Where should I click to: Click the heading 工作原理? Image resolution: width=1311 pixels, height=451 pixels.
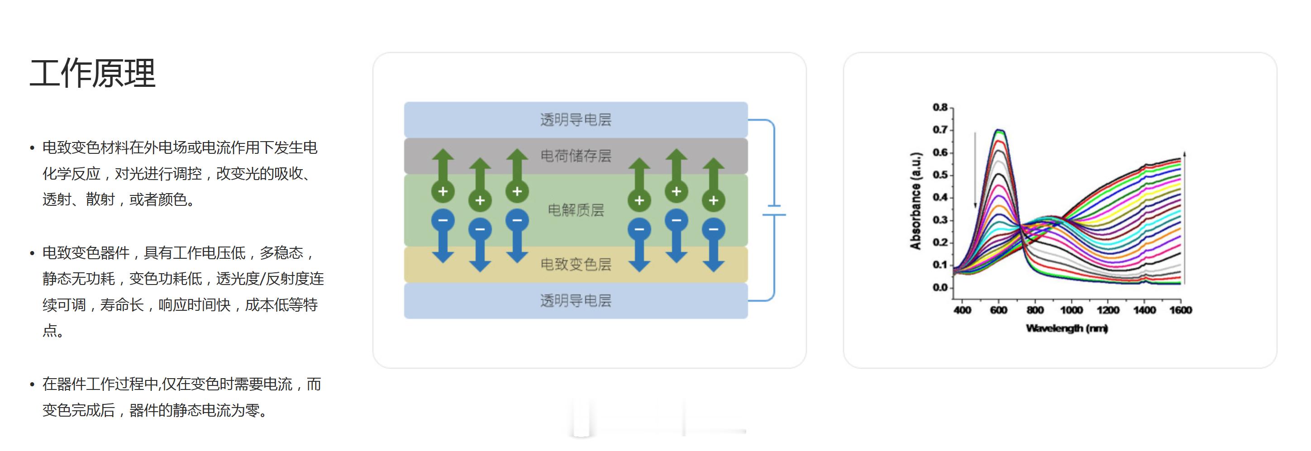(92, 73)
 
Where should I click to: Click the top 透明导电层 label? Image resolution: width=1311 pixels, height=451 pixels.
(575, 120)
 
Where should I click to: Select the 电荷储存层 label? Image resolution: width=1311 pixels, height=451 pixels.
(576, 156)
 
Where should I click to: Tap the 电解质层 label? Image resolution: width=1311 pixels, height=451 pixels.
(576, 210)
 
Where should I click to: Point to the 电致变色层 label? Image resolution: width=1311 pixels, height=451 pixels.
(576, 264)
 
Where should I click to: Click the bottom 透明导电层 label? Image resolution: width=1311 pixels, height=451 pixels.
(575, 301)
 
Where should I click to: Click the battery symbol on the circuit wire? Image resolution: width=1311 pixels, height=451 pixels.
(773, 210)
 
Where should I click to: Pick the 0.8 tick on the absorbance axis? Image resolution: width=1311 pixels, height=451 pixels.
(939, 107)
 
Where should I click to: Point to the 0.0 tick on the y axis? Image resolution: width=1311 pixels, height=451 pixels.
(939, 287)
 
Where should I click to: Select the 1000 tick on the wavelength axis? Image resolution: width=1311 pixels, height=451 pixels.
(1071, 310)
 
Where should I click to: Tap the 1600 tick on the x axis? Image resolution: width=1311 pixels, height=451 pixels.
(1180, 310)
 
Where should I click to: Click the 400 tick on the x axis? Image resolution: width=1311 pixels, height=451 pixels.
(962, 310)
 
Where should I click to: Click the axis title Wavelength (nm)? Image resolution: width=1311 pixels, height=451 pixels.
(1067, 328)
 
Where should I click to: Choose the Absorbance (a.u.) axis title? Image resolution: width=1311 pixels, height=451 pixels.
(915, 200)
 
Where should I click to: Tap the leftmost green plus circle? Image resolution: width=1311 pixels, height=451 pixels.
(443, 192)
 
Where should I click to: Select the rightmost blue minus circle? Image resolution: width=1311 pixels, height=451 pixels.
(714, 229)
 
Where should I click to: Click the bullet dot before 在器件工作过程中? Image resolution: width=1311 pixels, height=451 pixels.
(32, 385)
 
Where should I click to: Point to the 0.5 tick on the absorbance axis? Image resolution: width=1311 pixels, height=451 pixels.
(939, 175)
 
